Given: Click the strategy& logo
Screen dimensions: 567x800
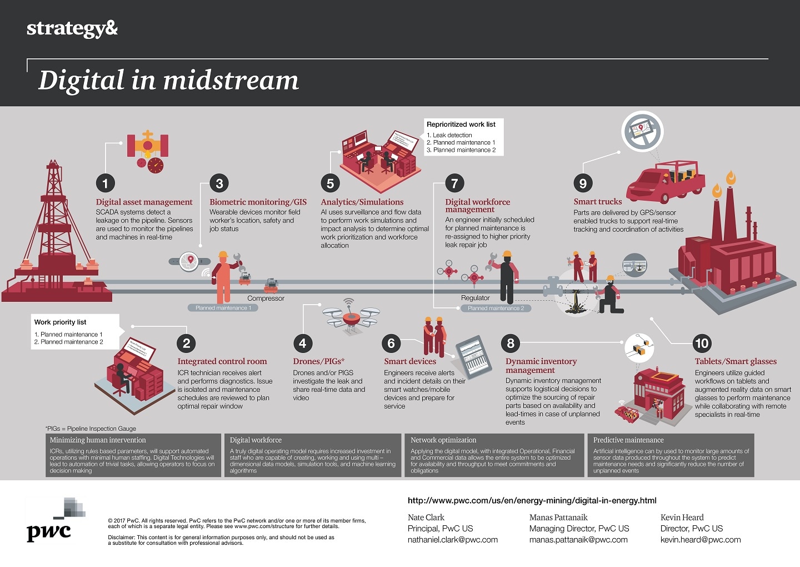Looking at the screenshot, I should [x=72, y=28].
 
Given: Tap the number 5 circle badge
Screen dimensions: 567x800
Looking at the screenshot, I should [x=330, y=183].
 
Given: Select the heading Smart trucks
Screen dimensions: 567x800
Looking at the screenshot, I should [x=597, y=202].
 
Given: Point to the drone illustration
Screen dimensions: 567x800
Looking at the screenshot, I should [x=351, y=317].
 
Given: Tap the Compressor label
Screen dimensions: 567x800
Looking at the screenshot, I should [x=266, y=299].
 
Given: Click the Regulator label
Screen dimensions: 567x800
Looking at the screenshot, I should [x=475, y=298].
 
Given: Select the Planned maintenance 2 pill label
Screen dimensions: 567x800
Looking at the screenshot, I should [x=496, y=308].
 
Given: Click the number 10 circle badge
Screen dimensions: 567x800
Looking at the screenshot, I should [x=702, y=344].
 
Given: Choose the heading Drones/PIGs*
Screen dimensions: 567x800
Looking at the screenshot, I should [x=318, y=361].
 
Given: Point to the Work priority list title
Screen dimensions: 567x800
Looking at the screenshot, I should [x=60, y=322].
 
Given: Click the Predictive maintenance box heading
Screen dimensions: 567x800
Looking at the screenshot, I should [x=628, y=440].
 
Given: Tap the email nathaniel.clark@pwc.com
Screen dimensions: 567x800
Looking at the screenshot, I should [x=452, y=540].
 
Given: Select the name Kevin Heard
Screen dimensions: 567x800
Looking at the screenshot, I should [x=682, y=518].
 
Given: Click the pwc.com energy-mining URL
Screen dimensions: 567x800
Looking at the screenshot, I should [x=532, y=500].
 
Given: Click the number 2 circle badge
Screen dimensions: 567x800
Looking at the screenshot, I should [x=187, y=344].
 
